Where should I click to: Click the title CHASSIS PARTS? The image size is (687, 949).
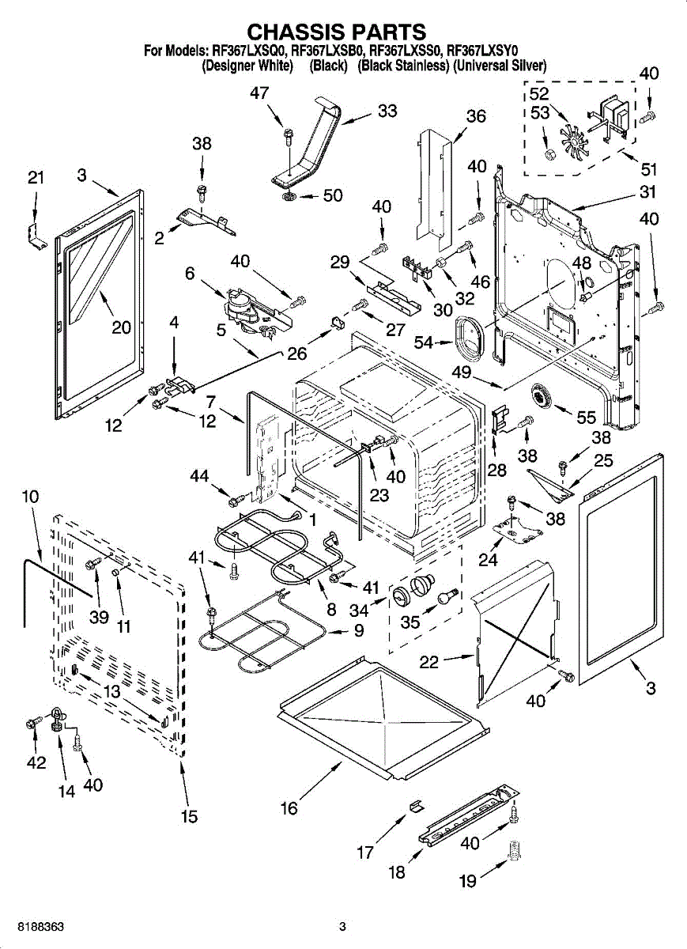[337, 32]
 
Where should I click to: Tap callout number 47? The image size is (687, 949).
[259, 93]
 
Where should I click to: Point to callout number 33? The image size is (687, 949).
[387, 112]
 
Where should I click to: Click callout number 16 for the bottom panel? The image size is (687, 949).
[289, 808]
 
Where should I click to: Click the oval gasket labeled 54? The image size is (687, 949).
[471, 335]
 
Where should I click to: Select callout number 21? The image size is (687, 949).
[36, 179]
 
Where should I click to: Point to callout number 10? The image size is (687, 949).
[30, 497]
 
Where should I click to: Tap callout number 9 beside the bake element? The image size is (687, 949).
[358, 631]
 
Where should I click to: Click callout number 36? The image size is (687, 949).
[476, 117]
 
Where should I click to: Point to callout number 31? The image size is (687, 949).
[648, 191]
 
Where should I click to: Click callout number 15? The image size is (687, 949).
[190, 817]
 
